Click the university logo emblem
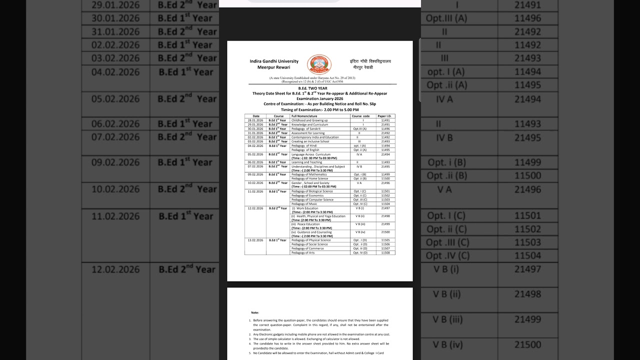[x=319, y=64]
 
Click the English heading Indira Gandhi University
[x=274, y=61]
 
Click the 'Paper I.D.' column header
[x=385, y=116]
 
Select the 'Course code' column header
[x=360, y=116]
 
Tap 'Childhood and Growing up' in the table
[x=309, y=120]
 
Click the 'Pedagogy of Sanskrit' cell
[x=307, y=128]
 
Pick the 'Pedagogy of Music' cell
[x=304, y=204]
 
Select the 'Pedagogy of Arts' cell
[x=303, y=253]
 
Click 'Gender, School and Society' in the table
[x=310, y=183]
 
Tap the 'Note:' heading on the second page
[x=255, y=312]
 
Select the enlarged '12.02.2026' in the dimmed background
[x=115, y=269]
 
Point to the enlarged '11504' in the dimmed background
[x=528, y=255]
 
